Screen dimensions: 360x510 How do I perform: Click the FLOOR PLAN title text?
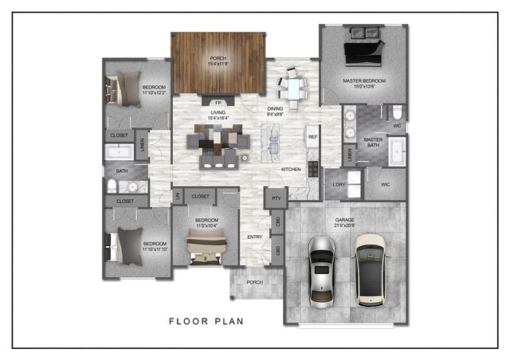tap(206, 323)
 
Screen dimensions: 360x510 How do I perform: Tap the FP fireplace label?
tap(218, 103)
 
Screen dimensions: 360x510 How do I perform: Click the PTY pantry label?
tap(276, 198)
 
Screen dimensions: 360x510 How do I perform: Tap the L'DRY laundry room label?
tap(334, 185)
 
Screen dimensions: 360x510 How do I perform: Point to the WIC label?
tap(385, 185)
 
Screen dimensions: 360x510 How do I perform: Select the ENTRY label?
tap(255, 236)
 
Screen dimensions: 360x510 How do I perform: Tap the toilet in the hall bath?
tap(114, 186)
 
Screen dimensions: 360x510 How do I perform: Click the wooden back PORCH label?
tap(218, 57)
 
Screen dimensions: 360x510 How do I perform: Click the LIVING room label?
tap(218, 114)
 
